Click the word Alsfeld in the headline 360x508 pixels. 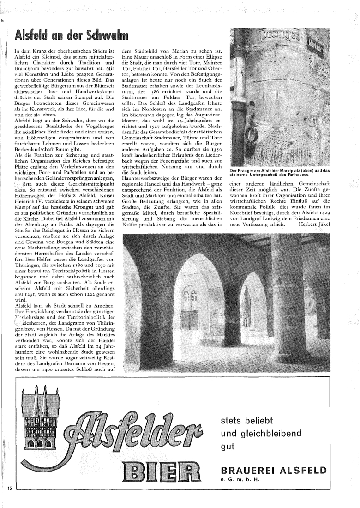[33, 36]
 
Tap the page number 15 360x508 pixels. [9, 488]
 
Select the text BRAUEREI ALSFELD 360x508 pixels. [274, 471]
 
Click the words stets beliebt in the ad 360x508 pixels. [247, 421]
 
